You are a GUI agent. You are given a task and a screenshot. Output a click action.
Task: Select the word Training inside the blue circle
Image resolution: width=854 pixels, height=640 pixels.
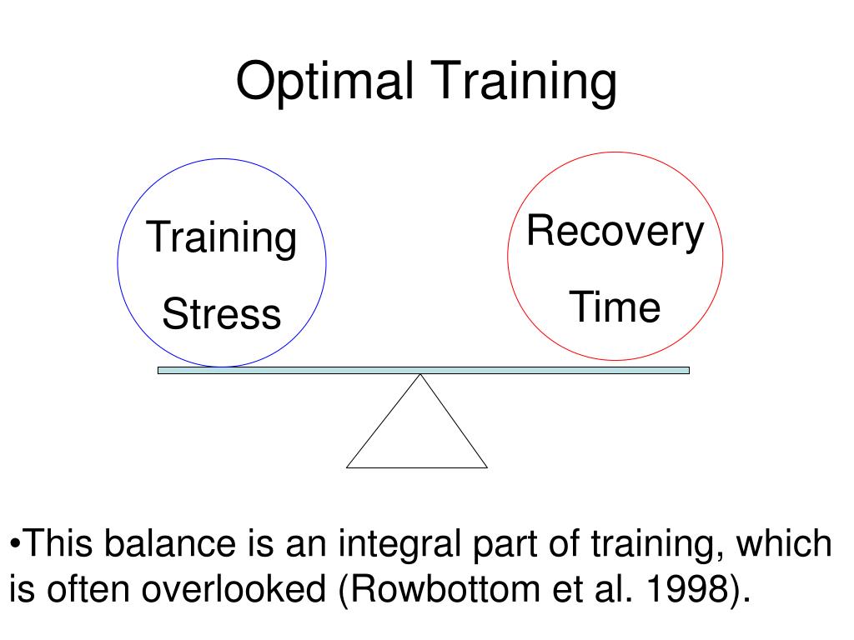coord(221,237)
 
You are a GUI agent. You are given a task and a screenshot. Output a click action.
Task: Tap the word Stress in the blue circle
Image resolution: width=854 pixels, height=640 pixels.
coord(221,315)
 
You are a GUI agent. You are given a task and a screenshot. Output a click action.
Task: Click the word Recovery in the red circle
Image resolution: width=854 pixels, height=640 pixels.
coord(615,231)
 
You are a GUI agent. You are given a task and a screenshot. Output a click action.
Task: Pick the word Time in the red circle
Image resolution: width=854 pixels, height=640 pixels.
coord(615,307)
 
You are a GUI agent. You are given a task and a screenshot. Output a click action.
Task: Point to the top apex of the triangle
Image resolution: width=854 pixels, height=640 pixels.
coord(420,376)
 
